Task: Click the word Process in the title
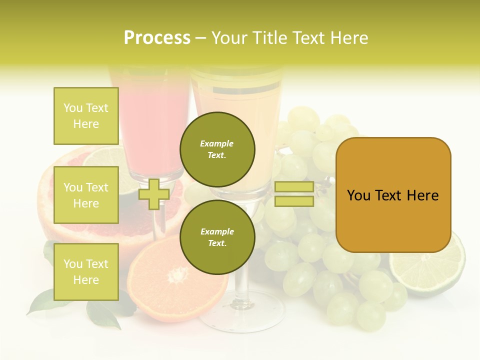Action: click(x=157, y=38)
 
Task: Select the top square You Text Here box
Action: click(x=86, y=116)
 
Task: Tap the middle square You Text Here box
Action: click(x=86, y=195)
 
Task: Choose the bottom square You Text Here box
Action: click(x=86, y=272)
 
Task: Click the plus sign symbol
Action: click(x=154, y=194)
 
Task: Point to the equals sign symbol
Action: click(x=294, y=194)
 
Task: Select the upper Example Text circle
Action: click(x=217, y=149)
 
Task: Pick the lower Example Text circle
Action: click(x=217, y=237)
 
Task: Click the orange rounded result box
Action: click(x=393, y=195)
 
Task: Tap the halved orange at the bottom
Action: click(x=165, y=285)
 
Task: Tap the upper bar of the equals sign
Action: click(x=294, y=187)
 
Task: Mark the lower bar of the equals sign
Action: click(x=294, y=201)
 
